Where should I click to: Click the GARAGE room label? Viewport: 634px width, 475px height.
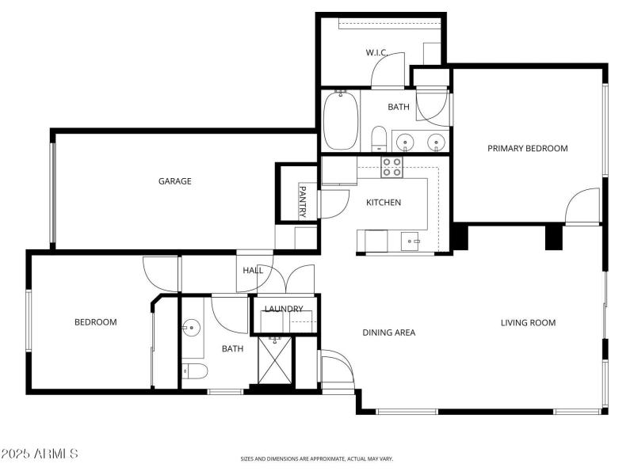tap(174, 181)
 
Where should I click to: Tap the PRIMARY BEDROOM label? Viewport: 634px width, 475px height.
tap(527, 148)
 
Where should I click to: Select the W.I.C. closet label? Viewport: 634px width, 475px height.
tap(376, 53)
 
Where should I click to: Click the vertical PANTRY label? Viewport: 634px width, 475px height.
tap(302, 201)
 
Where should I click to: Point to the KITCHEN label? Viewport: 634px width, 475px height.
tap(383, 203)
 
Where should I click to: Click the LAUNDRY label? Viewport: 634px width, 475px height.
tap(284, 309)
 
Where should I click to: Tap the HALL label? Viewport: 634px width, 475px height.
tap(253, 271)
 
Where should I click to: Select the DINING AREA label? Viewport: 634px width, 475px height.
tap(389, 332)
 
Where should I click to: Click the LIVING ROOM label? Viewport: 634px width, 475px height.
tap(528, 322)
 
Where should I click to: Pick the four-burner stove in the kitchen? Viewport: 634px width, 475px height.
tap(391, 167)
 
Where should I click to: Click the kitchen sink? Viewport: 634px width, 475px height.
tap(410, 240)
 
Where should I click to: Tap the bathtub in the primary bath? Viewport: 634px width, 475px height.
tap(340, 120)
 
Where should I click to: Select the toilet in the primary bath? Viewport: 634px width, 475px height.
tap(379, 138)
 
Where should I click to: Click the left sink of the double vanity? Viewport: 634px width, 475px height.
tap(406, 143)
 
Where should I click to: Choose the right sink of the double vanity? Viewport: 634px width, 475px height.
tap(434, 143)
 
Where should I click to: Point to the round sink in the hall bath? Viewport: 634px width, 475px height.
tap(191, 326)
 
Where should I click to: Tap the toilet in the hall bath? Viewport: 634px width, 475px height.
tap(195, 370)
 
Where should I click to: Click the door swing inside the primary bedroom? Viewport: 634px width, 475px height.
tap(582, 207)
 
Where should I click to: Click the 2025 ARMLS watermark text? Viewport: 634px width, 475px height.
tap(40, 454)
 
